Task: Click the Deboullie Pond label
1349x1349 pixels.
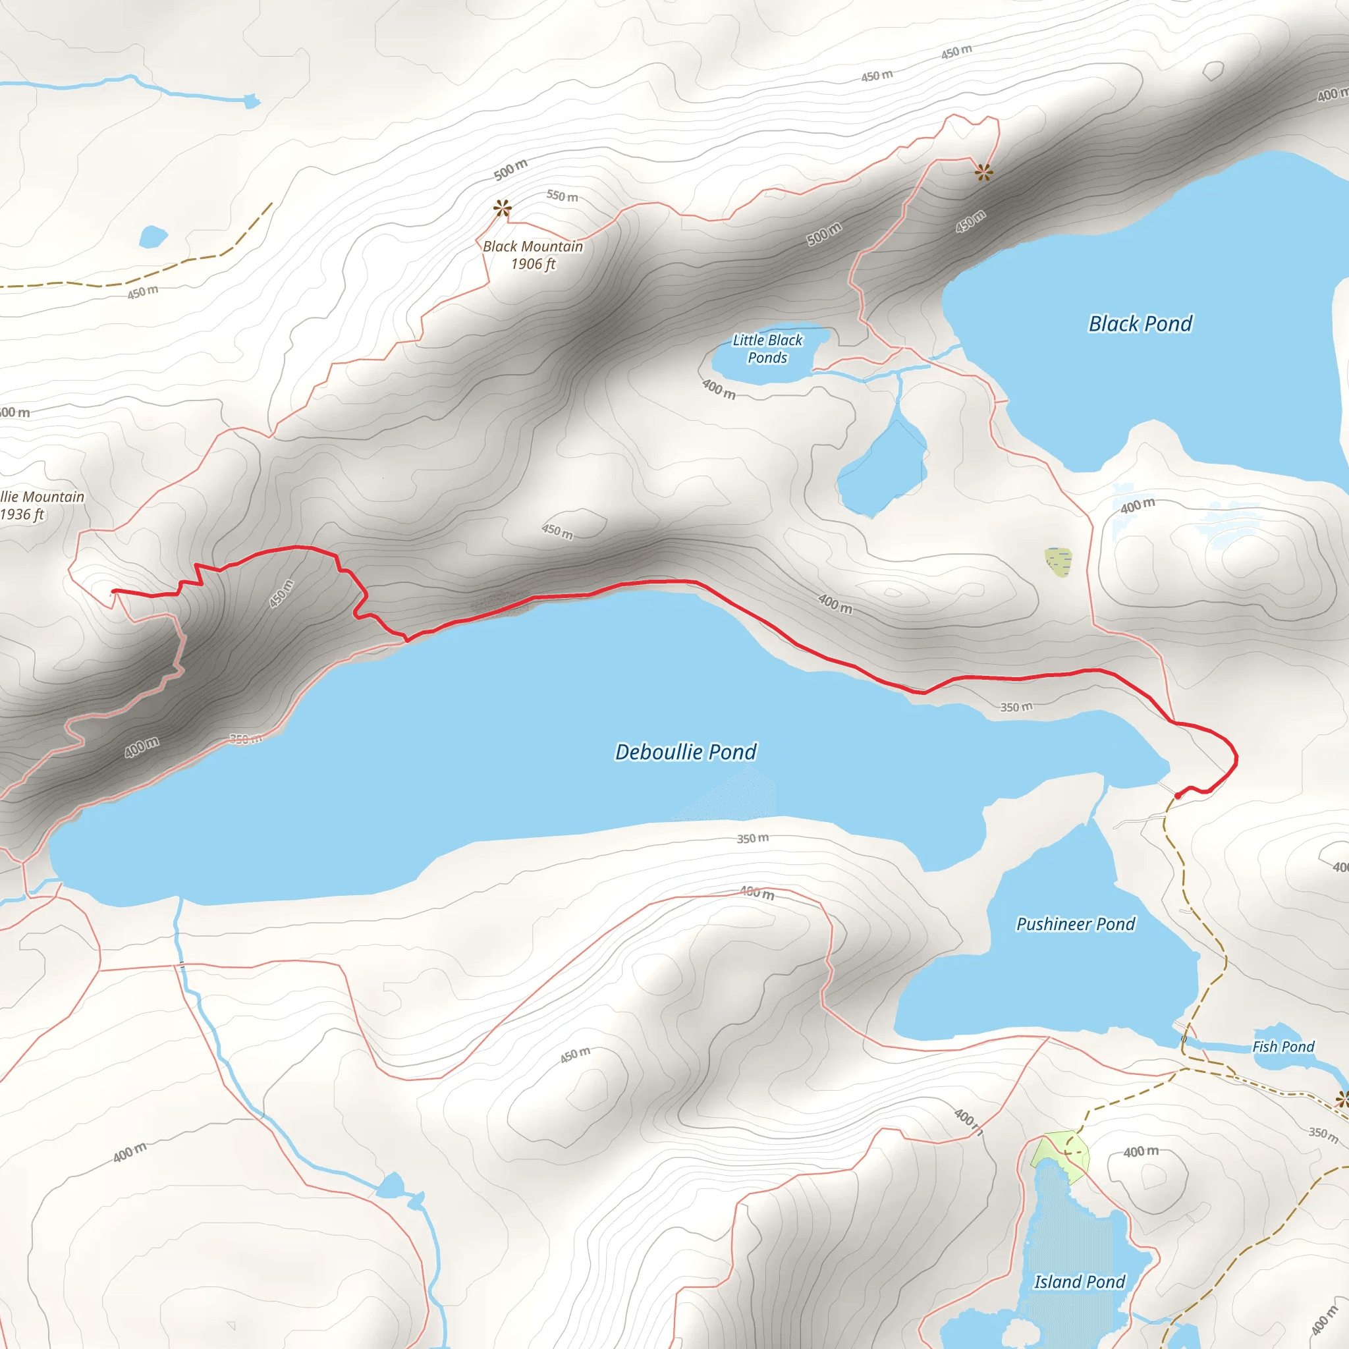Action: pyautogui.click(x=685, y=752)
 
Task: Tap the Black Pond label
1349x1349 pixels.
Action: pyautogui.click(x=1140, y=324)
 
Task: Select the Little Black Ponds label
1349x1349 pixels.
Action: pyautogui.click(x=767, y=349)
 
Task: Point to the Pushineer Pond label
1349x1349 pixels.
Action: pyautogui.click(x=1075, y=923)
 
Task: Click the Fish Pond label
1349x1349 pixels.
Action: pyautogui.click(x=1282, y=1047)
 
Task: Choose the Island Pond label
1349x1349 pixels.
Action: pyautogui.click(x=1080, y=1282)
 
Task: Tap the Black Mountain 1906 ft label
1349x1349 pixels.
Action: pyautogui.click(x=533, y=255)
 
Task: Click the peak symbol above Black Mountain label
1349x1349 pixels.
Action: pyautogui.click(x=502, y=207)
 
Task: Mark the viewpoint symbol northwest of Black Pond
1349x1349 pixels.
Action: pyautogui.click(x=984, y=172)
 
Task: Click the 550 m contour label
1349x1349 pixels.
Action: pyautogui.click(x=562, y=196)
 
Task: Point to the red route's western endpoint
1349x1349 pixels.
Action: pyautogui.click(x=114, y=592)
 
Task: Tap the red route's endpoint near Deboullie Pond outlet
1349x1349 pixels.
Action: pyautogui.click(x=1178, y=795)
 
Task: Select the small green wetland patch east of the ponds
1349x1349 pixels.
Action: pyautogui.click(x=1058, y=562)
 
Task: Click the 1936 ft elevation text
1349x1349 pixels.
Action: pyautogui.click(x=22, y=514)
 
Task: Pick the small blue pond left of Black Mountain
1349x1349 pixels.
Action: pyautogui.click(x=153, y=236)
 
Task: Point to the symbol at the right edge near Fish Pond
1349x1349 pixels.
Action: pyautogui.click(x=1342, y=1100)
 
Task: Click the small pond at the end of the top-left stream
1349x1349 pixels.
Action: pyautogui.click(x=252, y=102)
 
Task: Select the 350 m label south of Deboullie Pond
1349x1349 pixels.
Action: pyautogui.click(x=753, y=838)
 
